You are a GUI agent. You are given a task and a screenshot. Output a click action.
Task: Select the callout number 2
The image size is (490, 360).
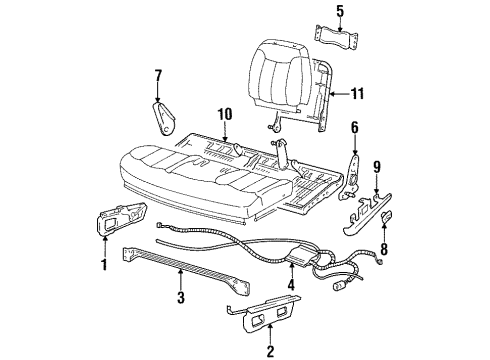pyautogui.click(x=270, y=349)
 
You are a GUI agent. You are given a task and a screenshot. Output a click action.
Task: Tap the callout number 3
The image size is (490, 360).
pyautogui.click(x=180, y=297)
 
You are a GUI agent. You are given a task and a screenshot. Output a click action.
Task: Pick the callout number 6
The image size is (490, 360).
pyautogui.click(x=353, y=128)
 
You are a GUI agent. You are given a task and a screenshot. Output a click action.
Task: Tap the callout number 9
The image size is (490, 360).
pyautogui.click(x=376, y=168)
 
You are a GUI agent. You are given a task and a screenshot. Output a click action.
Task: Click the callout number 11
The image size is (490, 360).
pyautogui.click(x=357, y=95)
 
